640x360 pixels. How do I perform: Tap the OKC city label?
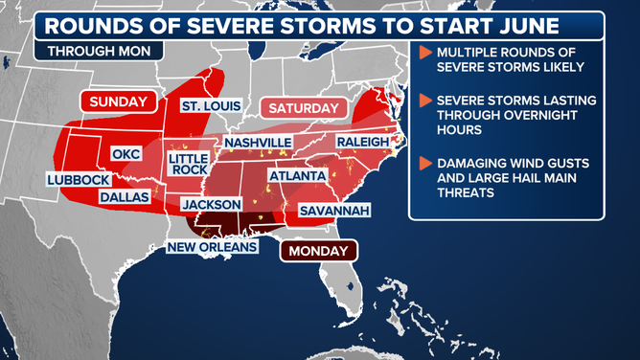(126, 153)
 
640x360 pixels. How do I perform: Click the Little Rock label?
(188, 164)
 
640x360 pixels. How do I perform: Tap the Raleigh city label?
(362, 142)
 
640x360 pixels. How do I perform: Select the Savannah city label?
(334, 210)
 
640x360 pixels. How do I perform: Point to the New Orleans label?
(213, 247)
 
